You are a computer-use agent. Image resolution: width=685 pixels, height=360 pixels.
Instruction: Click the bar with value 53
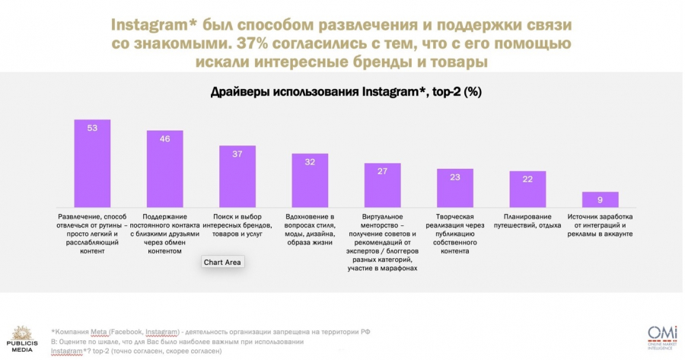[x=92, y=163]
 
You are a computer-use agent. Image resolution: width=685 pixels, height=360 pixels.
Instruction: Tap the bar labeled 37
[x=237, y=176]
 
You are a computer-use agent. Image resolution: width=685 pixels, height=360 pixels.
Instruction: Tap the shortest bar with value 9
[x=601, y=199]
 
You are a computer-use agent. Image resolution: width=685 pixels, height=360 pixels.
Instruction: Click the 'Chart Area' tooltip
[x=222, y=263]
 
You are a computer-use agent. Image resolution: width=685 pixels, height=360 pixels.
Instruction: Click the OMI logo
[x=658, y=336]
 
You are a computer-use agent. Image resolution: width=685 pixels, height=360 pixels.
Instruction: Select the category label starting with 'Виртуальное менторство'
[x=382, y=242]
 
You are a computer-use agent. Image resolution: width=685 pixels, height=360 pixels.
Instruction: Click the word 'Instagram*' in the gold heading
[x=159, y=24]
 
